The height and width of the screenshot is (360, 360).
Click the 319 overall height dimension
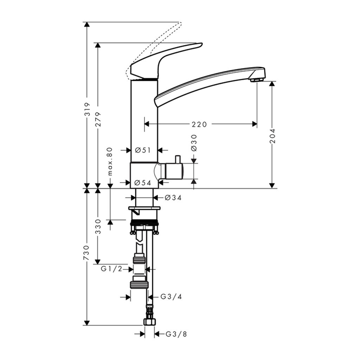(87, 109)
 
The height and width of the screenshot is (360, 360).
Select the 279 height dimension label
(98, 119)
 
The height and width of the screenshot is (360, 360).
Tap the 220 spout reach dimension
(199, 124)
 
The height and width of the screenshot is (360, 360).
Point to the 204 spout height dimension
(272, 136)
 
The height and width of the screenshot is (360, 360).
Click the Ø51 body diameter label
(143, 150)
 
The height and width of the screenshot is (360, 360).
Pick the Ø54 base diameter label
(143, 183)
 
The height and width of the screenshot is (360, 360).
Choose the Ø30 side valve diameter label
(194, 143)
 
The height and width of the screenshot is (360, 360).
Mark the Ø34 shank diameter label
(173, 198)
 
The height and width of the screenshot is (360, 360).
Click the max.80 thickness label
(110, 161)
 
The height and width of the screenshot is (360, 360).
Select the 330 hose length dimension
(98, 226)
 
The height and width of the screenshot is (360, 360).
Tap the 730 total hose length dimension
(87, 253)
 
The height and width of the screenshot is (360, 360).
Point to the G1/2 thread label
(111, 269)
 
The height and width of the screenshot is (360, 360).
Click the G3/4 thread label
(171, 297)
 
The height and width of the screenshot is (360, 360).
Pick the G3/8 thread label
(176, 334)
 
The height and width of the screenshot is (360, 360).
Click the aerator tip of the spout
(257, 80)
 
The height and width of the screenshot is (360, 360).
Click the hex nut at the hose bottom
(149, 322)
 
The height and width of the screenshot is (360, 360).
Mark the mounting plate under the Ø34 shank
(144, 208)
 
